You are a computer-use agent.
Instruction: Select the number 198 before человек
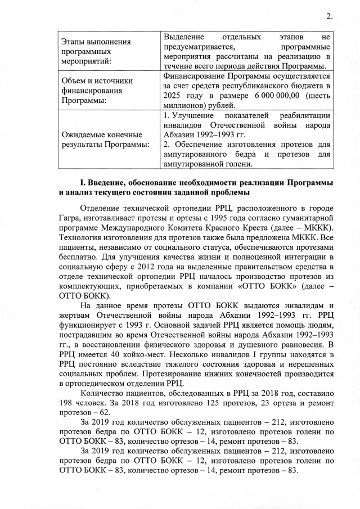(66, 403)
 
